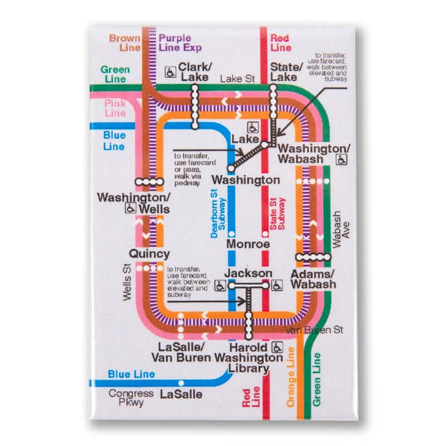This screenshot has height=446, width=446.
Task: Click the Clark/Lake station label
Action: pos(193,72)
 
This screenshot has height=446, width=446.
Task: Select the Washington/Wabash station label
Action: pos(314,153)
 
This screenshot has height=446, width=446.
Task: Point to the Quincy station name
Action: pos(149,254)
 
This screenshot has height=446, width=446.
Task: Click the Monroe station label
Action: pos(248,244)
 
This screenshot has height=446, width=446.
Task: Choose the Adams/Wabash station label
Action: pos(313,279)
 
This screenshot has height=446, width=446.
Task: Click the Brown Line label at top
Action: pos(125,43)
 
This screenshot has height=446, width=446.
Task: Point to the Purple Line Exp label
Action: pos(178,43)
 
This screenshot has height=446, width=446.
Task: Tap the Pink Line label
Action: pos(115,108)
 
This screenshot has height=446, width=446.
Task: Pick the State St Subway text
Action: pos(277,215)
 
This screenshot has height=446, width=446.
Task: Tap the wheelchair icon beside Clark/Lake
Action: pos(171,71)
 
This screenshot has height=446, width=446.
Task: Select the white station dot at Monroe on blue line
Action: pos(231,234)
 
